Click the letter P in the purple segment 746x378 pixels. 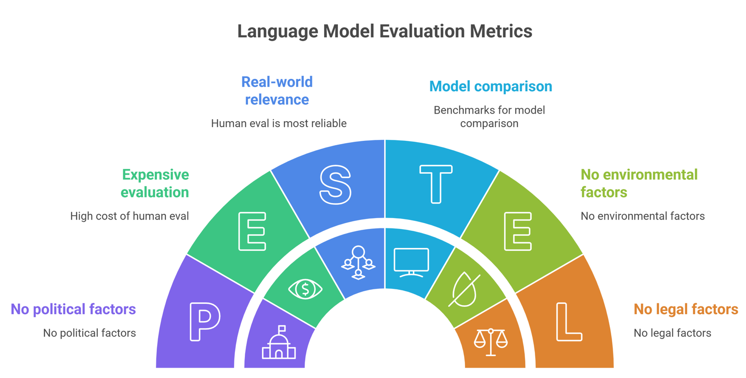tap(205, 321)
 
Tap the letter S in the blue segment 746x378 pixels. tap(335, 185)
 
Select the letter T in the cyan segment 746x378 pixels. tap(435, 184)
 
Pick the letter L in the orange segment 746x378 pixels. tap(568, 322)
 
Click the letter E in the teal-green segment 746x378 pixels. tap(252, 231)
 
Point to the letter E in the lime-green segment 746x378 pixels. tap(518, 231)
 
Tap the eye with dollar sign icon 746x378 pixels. tap(305, 289)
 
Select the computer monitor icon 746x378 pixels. tap(411, 263)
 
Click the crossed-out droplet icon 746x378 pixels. tap(464, 289)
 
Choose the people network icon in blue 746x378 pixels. tap(358, 263)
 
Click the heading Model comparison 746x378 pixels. tap(490, 86)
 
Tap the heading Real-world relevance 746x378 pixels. tap(277, 90)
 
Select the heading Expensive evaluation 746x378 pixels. tap(155, 183)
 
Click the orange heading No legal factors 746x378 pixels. tap(685, 309)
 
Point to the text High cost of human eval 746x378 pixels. tap(129, 216)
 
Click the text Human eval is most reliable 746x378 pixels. tap(278, 124)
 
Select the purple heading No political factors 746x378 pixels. tap(73, 309)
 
